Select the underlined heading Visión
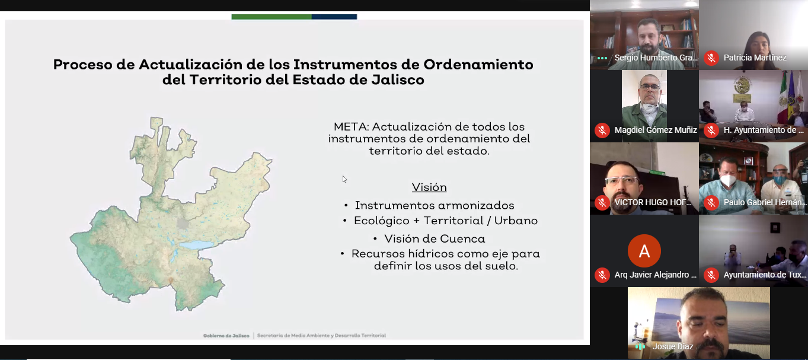[429, 187]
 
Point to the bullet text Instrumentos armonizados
[435, 205]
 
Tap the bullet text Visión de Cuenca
[435, 239]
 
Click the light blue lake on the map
[197, 246]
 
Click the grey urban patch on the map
[183, 224]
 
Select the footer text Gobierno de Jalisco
[226, 336]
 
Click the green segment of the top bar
[272, 17]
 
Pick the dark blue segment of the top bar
[334, 17]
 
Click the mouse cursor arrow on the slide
[344, 179]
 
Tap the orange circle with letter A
[644, 251]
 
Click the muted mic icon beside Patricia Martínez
[711, 58]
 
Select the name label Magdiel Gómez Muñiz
[656, 130]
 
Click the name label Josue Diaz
[673, 346]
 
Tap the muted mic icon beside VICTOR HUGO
[602, 202]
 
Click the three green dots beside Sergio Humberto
[602, 58]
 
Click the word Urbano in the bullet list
[516, 221]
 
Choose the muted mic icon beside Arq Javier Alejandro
[602, 275]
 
